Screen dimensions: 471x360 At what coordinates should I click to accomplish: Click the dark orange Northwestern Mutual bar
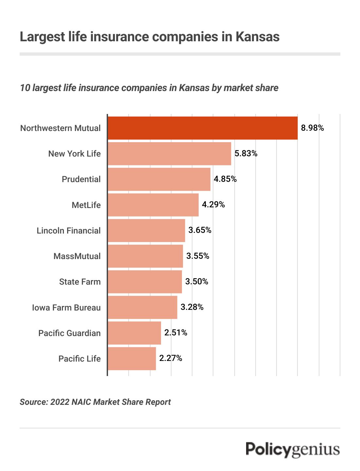click(x=203, y=128)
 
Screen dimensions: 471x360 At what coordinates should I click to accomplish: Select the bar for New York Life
click(x=169, y=154)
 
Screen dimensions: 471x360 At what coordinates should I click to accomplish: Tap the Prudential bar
click(x=159, y=179)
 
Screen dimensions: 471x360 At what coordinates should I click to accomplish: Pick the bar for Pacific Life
click(x=132, y=359)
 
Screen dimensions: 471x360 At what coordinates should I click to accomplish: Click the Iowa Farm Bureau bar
click(x=142, y=307)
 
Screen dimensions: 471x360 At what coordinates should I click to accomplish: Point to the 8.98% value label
click(x=312, y=128)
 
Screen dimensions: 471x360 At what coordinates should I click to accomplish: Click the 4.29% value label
click(x=213, y=205)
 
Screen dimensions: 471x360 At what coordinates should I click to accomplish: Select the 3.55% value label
click(x=198, y=256)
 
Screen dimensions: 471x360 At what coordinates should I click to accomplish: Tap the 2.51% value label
click(x=175, y=333)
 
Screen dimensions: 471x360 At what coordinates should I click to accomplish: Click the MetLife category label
click(x=86, y=205)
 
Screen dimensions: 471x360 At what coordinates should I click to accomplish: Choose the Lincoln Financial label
click(x=68, y=231)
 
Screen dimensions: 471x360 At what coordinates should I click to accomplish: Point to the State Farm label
click(x=80, y=282)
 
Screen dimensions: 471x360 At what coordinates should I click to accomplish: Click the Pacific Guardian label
click(x=69, y=333)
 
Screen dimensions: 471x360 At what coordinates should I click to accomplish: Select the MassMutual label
click(x=77, y=256)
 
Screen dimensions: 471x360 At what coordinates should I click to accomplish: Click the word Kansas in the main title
click(x=257, y=37)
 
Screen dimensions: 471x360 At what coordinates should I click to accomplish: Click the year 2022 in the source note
click(x=60, y=402)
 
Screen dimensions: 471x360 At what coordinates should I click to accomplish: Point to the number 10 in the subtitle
click(x=25, y=88)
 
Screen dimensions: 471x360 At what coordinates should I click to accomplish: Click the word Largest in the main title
click(x=42, y=37)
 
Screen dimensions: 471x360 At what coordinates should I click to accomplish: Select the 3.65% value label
click(x=200, y=230)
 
